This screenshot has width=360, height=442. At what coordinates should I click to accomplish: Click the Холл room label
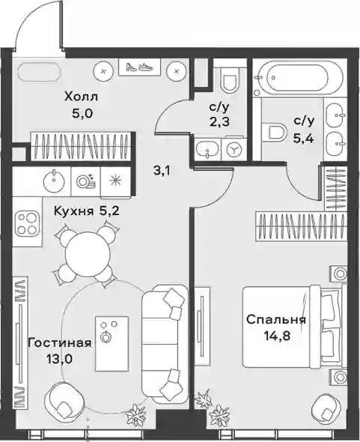click(82, 97)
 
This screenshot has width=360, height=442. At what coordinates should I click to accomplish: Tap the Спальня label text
click(276, 321)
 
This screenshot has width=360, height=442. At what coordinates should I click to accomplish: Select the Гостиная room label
click(60, 343)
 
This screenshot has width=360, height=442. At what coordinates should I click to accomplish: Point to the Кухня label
click(74, 211)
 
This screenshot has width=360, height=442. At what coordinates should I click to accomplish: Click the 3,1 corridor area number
click(162, 171)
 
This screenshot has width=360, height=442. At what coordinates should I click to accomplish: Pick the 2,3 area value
click(219, 122)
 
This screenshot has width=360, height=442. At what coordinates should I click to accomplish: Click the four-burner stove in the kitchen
click(28, 223)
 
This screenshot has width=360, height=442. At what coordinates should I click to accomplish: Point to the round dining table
click(88, 253)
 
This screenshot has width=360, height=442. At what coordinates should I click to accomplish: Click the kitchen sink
click(54, 180)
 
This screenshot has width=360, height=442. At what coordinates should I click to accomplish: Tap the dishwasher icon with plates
click(86, 181)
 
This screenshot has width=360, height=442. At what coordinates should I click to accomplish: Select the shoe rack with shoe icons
click(139, 67)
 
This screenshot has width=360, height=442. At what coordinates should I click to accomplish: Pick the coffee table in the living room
click(112, 343)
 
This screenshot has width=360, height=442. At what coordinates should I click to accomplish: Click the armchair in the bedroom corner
click(326, 410)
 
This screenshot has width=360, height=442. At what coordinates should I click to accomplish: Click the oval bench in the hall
click(39, 72)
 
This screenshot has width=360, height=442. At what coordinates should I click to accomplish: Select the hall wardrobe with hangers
click(81, 146)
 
